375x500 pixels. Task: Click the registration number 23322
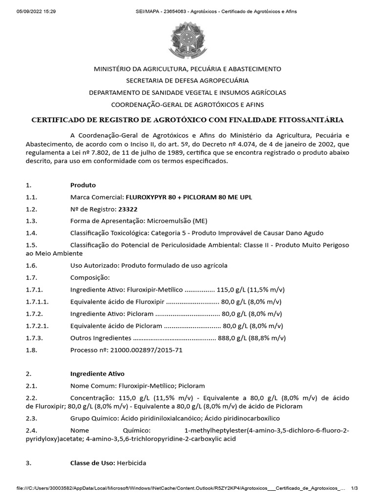coord(127,209)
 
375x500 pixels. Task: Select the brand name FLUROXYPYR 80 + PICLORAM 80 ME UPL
coord(189,197)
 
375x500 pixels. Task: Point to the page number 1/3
coord(354,488)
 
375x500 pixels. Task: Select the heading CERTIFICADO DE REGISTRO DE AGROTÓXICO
coord(187,120)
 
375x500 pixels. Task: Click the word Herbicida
coord(131,462)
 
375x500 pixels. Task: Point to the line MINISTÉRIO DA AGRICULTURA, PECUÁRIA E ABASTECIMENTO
coord(187,69)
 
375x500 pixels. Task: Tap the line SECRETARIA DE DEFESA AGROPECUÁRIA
coord(187,81)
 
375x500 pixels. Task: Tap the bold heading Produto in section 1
coord(83,185)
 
